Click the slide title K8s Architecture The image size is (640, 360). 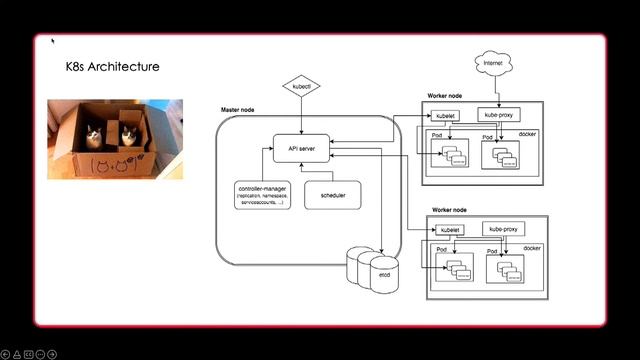tap(112, 67)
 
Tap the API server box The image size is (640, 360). tap(301, 149)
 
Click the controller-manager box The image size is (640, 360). tap(260, 195)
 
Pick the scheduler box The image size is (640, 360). tap(333, 195)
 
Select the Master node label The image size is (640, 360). tap(238, 108)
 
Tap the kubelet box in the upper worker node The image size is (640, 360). tap(446, 115)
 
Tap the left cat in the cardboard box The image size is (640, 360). tap(92, 134)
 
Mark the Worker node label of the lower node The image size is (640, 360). tap(450, 210)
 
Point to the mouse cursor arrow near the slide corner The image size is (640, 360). tap(53, 42)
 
